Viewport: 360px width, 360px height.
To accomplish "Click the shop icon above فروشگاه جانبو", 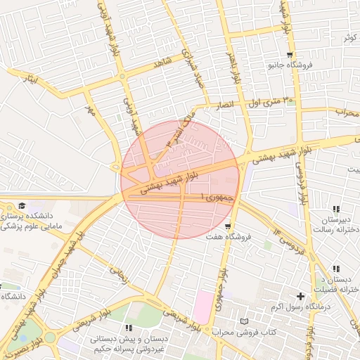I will pos(290,55).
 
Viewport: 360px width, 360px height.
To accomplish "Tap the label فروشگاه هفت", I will pos(228,238).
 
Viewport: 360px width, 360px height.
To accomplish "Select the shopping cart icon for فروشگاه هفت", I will pos(228,226).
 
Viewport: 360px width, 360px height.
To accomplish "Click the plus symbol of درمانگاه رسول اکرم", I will pos(301,296).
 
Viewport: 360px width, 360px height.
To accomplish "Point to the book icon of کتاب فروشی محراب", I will pos(243,321).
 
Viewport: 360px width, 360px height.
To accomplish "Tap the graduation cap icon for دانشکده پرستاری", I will pos(22,205).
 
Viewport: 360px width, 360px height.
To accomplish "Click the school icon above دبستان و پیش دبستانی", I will pos(129,328).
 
